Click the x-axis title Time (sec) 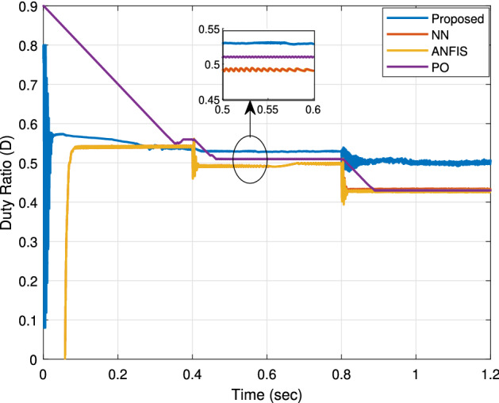click(267, 393)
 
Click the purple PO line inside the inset click(270, 57)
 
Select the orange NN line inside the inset click(270, 71)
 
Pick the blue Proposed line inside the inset click(270, 43)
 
